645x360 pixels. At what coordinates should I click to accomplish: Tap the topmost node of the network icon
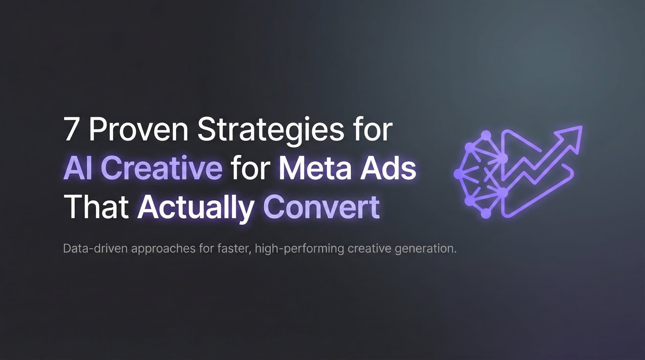pos(486,135)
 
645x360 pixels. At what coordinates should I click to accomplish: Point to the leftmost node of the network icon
pos(458,174)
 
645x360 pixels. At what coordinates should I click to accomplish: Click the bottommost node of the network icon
pos(486,214)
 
